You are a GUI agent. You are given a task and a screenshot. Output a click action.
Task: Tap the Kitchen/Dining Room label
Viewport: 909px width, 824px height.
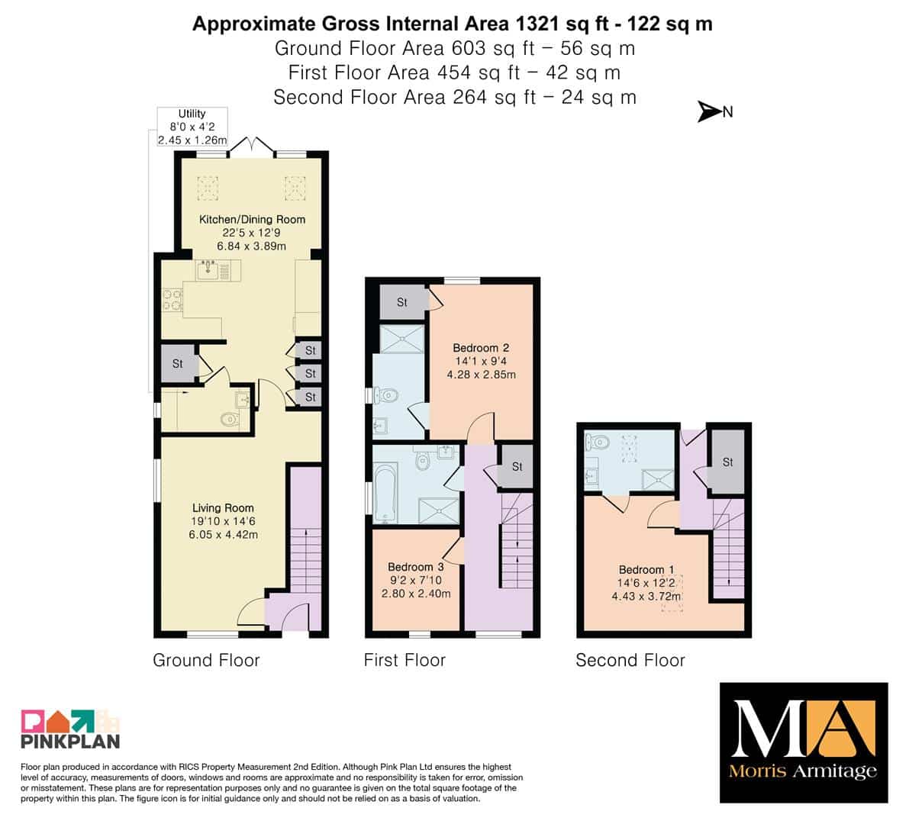tap(252, 233)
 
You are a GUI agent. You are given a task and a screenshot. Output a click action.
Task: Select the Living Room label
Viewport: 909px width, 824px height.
tap(223, 521)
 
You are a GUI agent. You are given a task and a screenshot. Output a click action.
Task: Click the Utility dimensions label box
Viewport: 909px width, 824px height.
tap(192, 127)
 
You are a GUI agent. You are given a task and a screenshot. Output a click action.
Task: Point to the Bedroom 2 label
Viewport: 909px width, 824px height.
tap(481, 361)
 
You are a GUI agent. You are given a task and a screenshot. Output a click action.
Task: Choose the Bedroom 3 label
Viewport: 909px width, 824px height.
tap(416, 580)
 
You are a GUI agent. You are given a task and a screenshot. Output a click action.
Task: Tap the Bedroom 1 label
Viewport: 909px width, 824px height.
tap(646, 582)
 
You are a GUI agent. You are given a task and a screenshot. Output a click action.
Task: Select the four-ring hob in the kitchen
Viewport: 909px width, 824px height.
tap(172, 300)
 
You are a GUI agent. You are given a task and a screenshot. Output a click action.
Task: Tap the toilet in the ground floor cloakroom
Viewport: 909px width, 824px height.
tap(230, 419)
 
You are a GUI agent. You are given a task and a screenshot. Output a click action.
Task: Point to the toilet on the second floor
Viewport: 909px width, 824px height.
tap(598, 443)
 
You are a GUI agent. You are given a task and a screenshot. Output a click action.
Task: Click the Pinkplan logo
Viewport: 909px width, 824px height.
tap(70, 728)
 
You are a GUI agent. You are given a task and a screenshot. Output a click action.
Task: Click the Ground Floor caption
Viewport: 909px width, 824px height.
tap(206, 660)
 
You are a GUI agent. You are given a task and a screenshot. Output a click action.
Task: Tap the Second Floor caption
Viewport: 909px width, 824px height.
tap(630, 660)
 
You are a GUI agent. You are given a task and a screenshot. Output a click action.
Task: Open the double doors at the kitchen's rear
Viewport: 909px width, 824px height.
tap(252, 146)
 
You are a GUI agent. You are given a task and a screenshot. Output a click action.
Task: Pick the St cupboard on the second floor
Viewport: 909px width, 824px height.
tap(727, 462)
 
